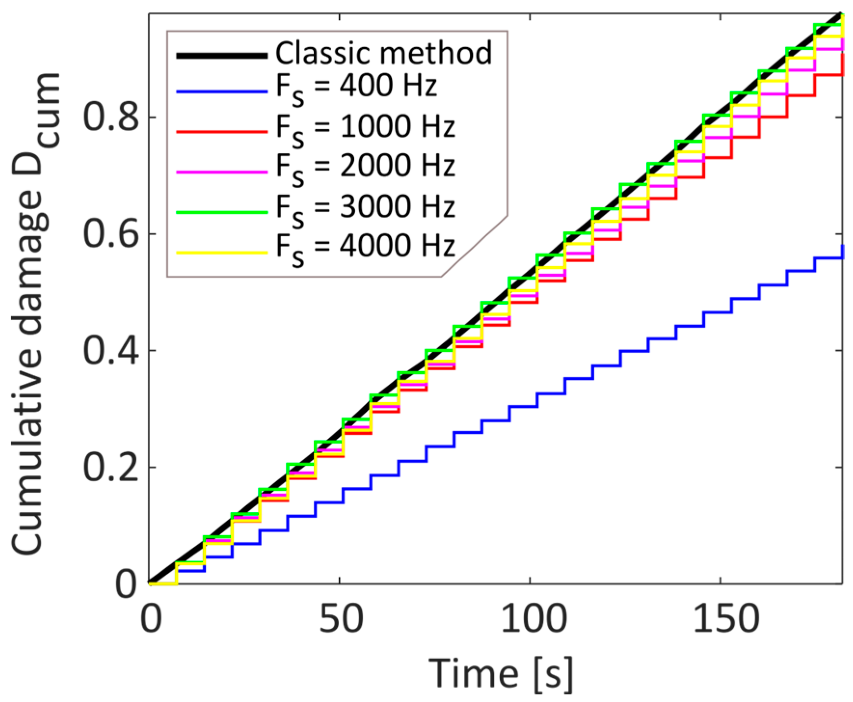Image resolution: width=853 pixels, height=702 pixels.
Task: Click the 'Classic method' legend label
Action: pyautogui.click(x=384, y=53)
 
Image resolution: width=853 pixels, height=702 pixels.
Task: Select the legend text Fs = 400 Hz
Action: pyautogui.click(x=357, y=88)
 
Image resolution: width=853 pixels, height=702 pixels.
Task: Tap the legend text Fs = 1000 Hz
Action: pyautogui.click(x=365, y=128)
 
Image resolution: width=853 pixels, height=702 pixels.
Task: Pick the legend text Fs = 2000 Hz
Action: pyautogui.click(x=365, y=167)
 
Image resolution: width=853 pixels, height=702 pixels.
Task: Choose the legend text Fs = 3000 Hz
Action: pyautogui.click(x=365, y=208)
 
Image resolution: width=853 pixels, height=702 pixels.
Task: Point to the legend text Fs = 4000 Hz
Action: pyautogui.click(x=365, y=247)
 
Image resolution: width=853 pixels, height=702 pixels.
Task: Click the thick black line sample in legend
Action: pyautogui.click(x=222, y=56)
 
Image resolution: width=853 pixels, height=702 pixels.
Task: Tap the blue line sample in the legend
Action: pyautogui.click(x=222, y=91)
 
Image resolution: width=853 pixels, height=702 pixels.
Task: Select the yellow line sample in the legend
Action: pyautogui.click(x=222, y=252)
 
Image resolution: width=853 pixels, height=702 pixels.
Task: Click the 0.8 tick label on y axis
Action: pyautogui.click(x=111, y=117)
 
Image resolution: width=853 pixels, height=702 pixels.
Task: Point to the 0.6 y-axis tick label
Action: pyautogui.click(x=111, y=234)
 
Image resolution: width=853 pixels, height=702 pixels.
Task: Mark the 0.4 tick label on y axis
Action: pyautogui.click(x=111, y=351)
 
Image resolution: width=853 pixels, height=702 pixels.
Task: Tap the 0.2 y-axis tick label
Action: pyautogui.click(x=111, y=467)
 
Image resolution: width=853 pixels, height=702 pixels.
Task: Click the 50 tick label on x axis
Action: pyautogui.click(x=340, y=619)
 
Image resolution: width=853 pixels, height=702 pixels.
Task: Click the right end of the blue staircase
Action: pyautogui.click(x=841, y=252)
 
